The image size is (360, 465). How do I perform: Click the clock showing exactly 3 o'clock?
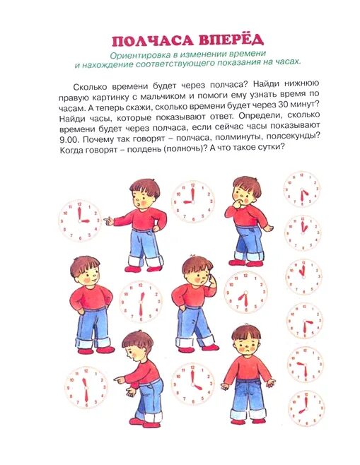(80, 220)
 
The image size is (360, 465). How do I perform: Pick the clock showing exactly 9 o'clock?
(192, 199)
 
